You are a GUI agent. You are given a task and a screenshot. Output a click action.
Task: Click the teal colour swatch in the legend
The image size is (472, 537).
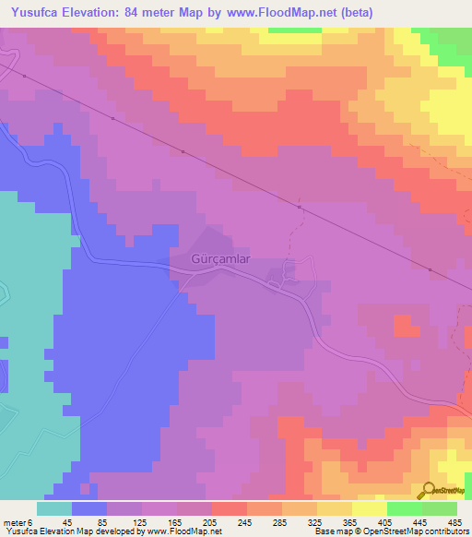[54, 508]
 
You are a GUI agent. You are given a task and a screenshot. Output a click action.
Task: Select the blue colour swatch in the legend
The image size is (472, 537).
[89, 508]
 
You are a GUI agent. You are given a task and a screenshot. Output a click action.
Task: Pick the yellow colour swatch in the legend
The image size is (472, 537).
[369, 508]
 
